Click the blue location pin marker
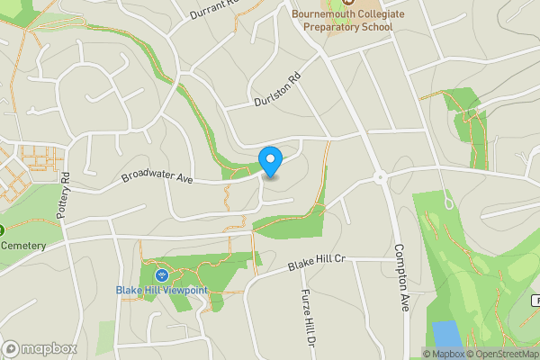270,160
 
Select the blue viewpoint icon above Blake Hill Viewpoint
160,274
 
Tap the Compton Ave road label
401,279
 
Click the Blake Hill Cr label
317,262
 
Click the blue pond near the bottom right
445,334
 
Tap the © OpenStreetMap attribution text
503,354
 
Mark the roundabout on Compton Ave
380,177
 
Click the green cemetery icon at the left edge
2,229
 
